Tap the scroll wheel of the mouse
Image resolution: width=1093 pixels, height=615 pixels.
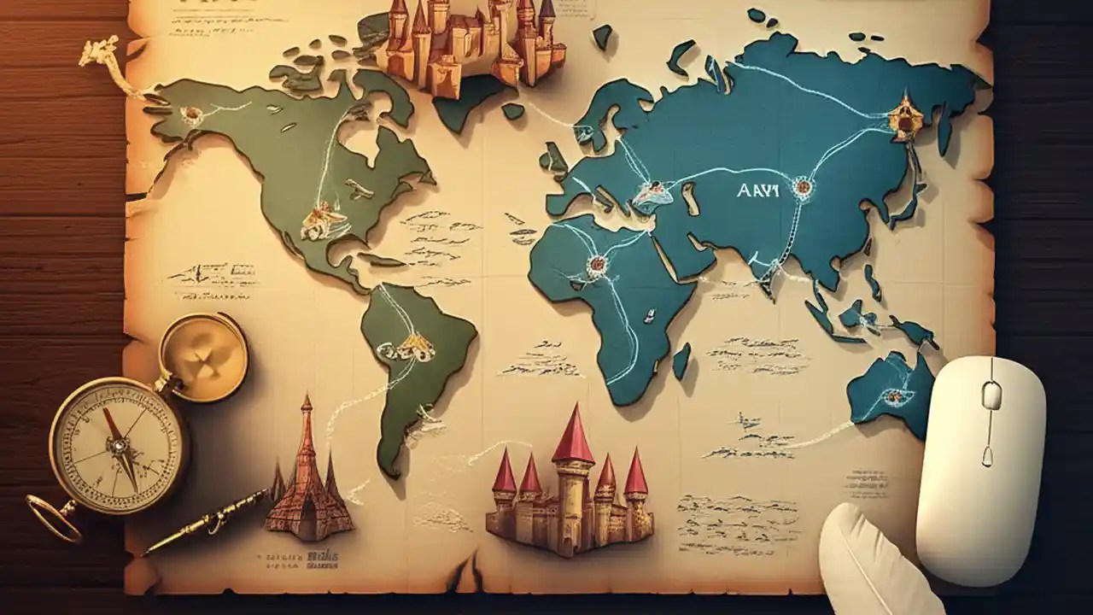[991, 395]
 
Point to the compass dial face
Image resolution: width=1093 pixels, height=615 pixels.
[117, 443]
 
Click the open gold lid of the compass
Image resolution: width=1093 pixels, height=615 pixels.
[203, 356]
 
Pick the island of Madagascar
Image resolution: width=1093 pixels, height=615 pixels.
[681, 360]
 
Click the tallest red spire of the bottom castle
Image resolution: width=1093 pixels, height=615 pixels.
[573, 436]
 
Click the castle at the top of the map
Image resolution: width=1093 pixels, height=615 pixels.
[470, 43]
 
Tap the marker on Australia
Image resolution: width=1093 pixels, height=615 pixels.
[893, 396]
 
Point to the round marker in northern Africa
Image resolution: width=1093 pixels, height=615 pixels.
[596, 265]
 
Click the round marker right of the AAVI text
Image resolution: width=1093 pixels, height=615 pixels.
[801, 186]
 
